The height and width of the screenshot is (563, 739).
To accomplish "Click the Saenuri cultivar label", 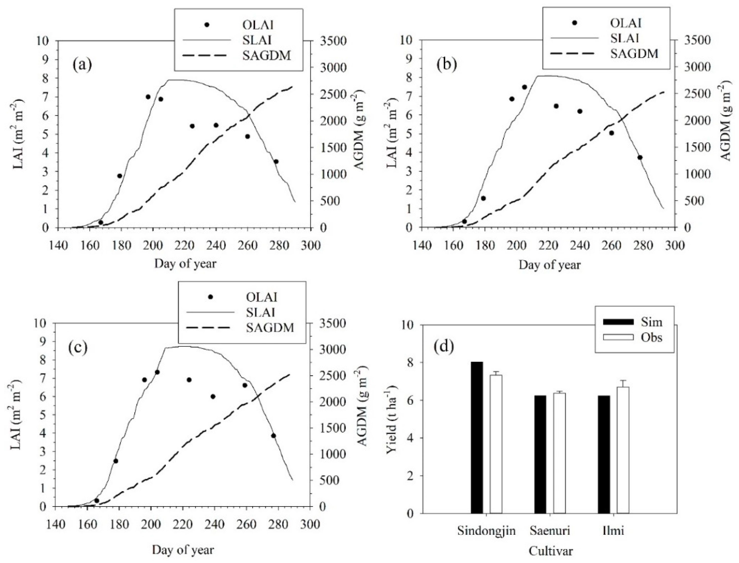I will (550, 531).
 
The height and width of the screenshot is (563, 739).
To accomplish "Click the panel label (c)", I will (78, 347).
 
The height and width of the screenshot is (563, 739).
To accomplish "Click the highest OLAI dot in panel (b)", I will (525, 87).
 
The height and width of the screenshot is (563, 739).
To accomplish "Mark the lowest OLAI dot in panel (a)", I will (100, 222).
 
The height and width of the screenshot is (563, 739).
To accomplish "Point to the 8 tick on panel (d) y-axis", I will (411, 362).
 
